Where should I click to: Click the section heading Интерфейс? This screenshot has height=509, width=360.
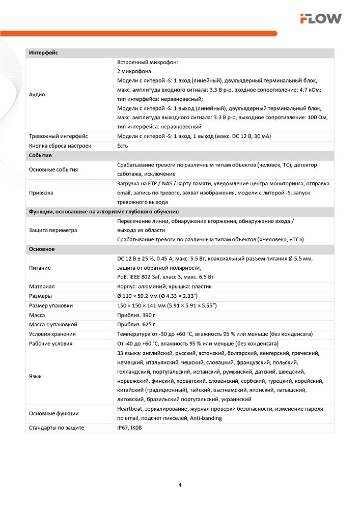click(x=44, y=53)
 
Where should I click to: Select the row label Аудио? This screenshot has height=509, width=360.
click(x=37, y=95)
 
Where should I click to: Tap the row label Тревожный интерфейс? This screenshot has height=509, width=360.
click(x=59, y=136)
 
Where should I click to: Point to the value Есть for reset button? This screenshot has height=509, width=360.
click(x=122, y=146)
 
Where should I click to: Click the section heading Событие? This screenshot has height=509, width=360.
click(x=41, y=155)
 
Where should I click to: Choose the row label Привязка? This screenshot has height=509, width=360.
click(x=41, y=193)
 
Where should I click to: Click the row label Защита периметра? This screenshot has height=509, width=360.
click(x=53, y=230)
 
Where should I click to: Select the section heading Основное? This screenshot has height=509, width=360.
click(x=42, y=249)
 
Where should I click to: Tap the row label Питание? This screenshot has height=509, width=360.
click(x=40, y=268)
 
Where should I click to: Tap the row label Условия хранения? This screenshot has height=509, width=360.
click(x=52, y=334)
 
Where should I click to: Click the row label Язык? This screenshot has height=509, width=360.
click(x=36, y=376)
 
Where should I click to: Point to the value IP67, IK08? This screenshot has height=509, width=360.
click(x=130, y=428)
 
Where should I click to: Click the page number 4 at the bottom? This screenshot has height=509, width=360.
click(x=180, y=485)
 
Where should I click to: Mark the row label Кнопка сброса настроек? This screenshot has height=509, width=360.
click(x=60, y=146)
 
